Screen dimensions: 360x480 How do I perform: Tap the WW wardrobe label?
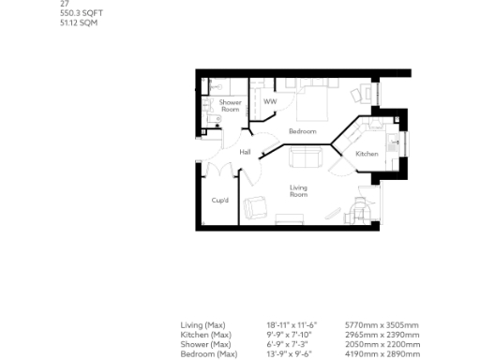[x=270, y=101]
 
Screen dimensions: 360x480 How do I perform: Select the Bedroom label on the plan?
[x=302, y=131]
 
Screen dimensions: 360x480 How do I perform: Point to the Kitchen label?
[x=367, y=154]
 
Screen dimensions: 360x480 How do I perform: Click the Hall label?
[x=245, y=151]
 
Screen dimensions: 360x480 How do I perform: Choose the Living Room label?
[x=298, y=191]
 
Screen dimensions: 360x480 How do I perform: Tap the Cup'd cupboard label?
[x=220, y=200]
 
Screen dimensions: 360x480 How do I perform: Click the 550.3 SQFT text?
[x=78, y=13]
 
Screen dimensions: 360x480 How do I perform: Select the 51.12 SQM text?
[x=77, y=22]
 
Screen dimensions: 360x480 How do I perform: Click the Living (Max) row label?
[x=203, y=324]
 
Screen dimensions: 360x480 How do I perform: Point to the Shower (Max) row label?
[x=205, y=344]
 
